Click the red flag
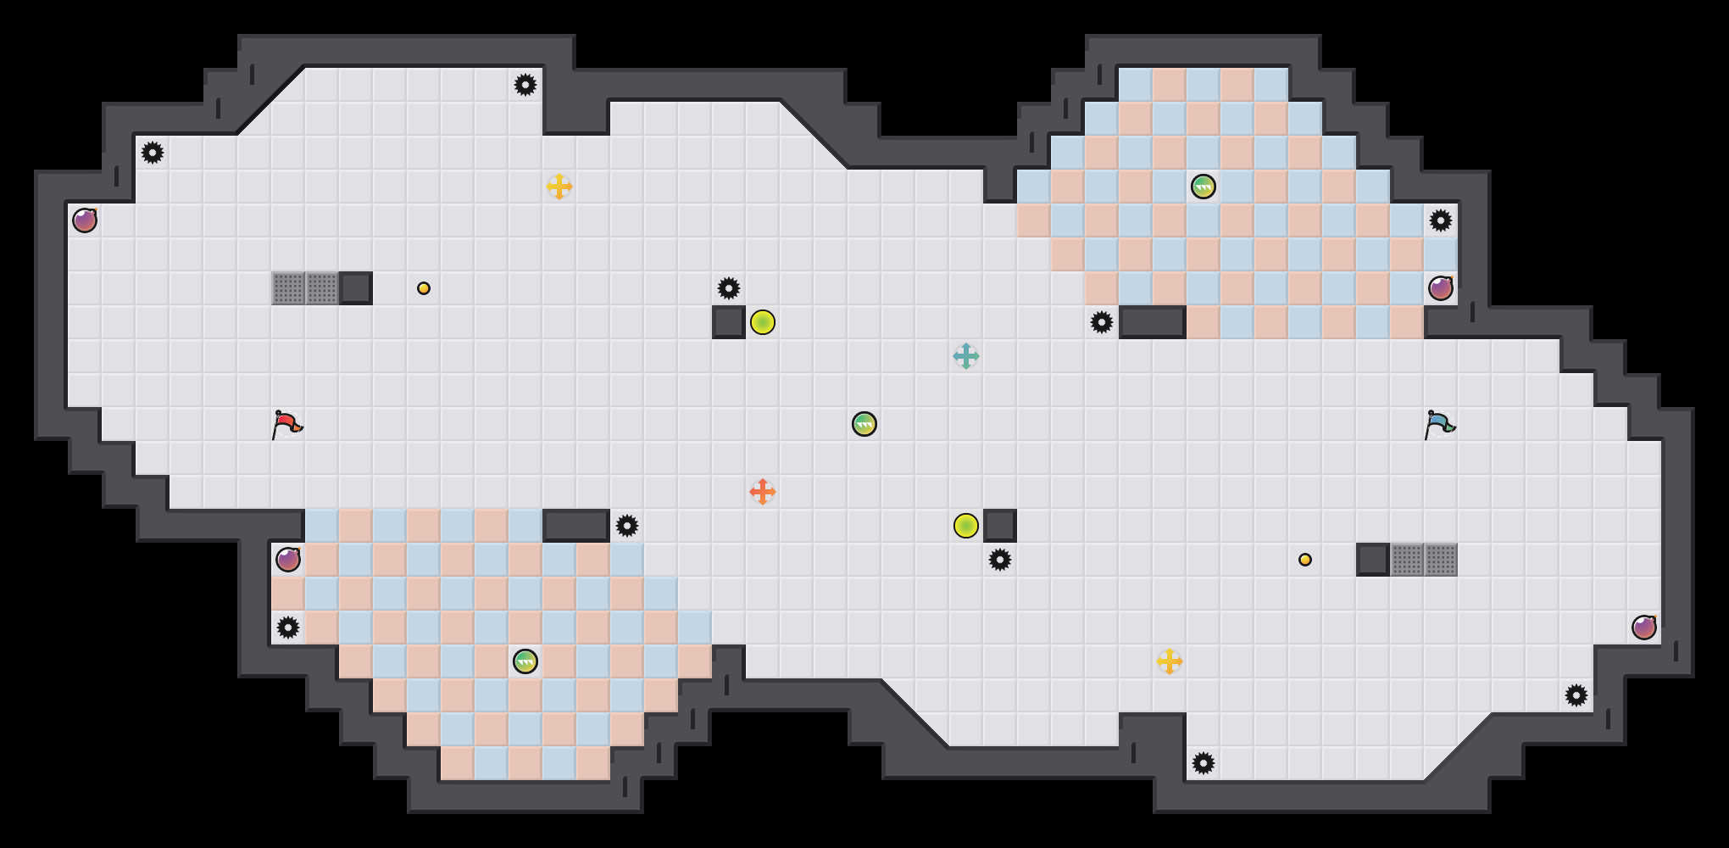tap(286, 423)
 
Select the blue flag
tap(1439, 423)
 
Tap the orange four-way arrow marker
tap(763, 492)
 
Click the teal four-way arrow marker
tap(966, 356)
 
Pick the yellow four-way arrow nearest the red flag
tap(559, 187)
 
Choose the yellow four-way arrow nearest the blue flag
tap(1170, 661)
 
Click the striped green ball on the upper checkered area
tap(1204, 187)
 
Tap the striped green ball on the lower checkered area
tap(525, 661)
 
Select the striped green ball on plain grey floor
tap(864, 424)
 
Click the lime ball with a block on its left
tap(763, 322)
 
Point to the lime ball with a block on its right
tap(966, 526)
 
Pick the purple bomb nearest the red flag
tap(288, 560)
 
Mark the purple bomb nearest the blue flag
tap(1441, 288)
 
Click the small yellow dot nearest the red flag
tap(424, 288)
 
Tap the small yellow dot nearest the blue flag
tap(1305, 560)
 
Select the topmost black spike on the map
tap(525, 85)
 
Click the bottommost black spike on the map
tap(1204, 763)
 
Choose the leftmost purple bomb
tap(85, 220)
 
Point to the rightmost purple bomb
tap(1644, 628)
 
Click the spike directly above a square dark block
tap(729, 288)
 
